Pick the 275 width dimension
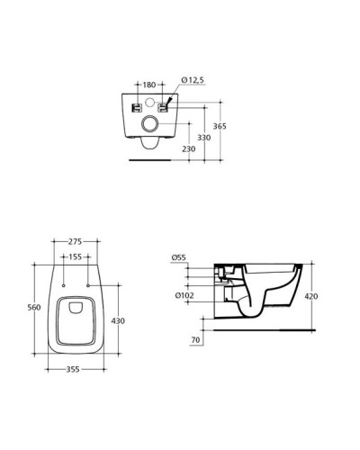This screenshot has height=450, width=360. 75,243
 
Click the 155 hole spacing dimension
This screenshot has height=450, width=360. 75,257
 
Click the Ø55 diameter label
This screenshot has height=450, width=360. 178,258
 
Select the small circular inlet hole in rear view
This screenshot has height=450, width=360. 150,101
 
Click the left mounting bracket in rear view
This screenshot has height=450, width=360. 134,108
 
